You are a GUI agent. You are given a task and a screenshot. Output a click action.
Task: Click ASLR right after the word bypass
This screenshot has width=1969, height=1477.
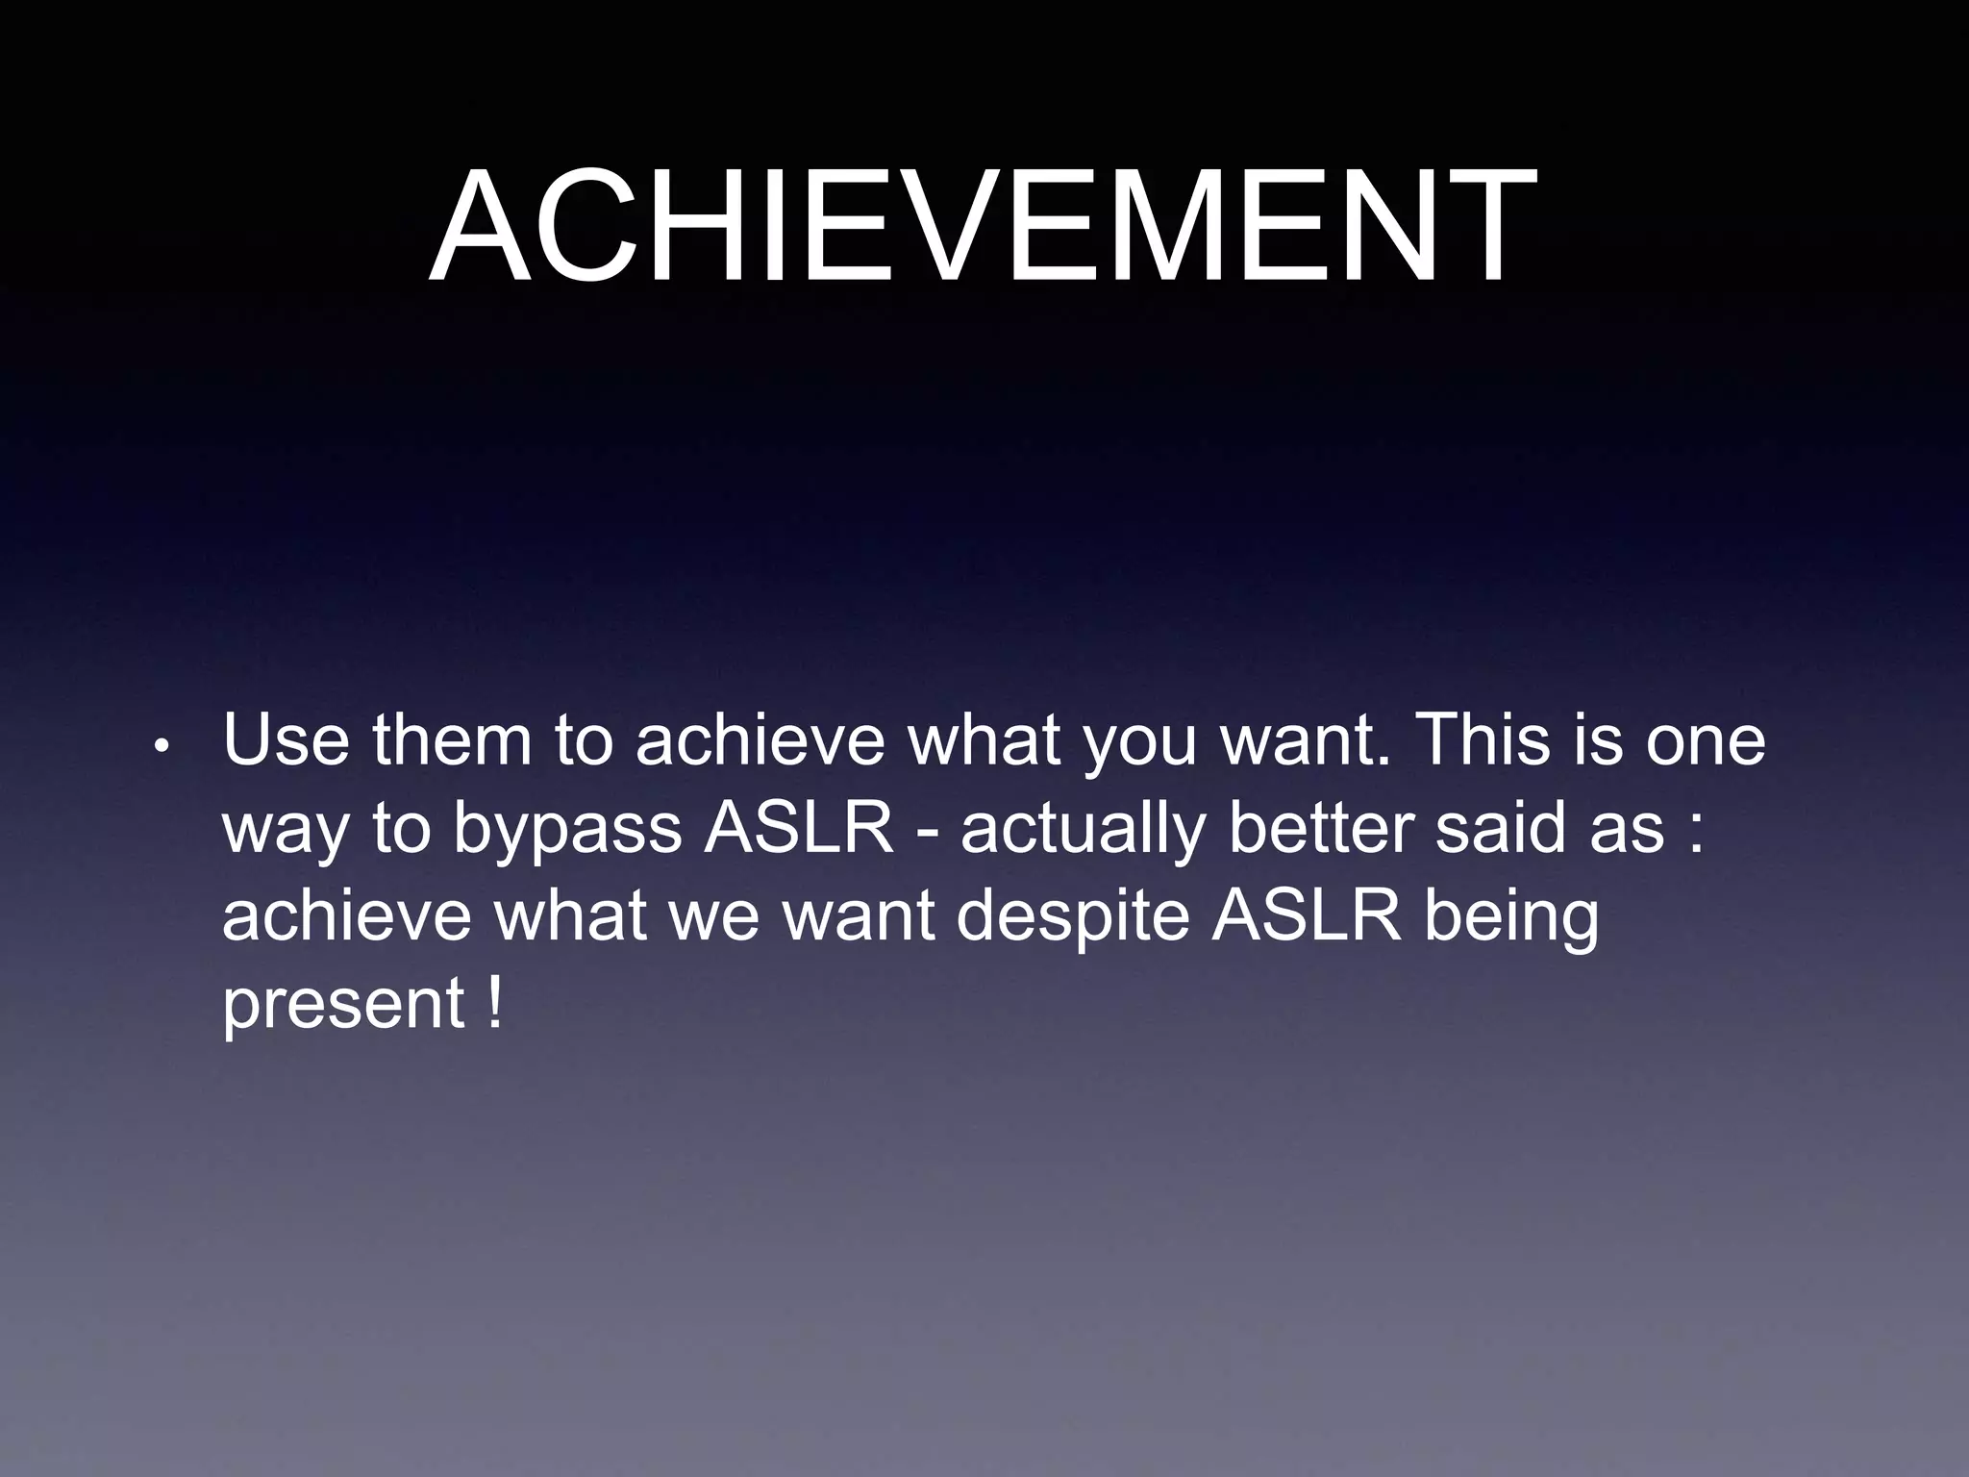click(799, 828)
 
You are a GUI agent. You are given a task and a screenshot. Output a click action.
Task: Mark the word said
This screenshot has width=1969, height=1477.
click(1501, 828)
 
